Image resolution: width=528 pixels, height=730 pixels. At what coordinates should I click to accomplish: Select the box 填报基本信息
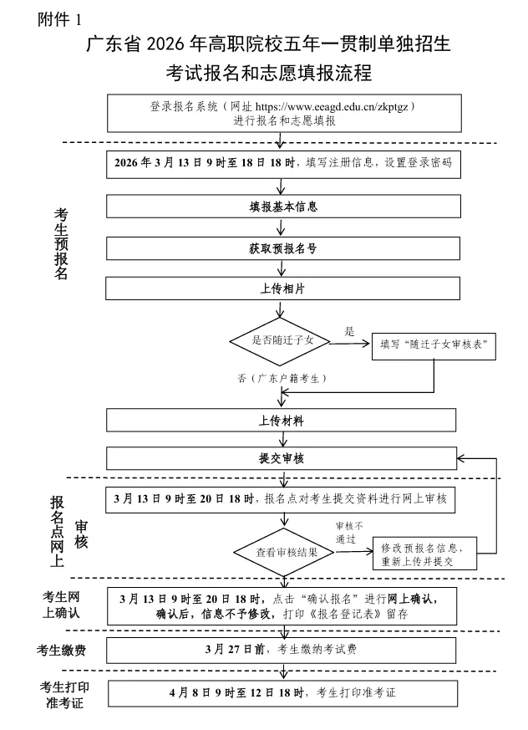click(283, 206)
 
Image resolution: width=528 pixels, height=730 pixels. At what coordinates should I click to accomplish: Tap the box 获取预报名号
click(283, 248)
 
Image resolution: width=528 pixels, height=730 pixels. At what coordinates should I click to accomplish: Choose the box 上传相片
click(283, 288)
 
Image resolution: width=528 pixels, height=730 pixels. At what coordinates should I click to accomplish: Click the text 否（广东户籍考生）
click(282, 379)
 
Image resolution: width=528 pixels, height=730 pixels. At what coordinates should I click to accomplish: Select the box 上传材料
click(282, 419)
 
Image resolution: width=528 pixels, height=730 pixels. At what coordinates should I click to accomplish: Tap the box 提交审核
click(282, 458)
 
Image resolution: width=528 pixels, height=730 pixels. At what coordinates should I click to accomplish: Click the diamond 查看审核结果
click(287, 553)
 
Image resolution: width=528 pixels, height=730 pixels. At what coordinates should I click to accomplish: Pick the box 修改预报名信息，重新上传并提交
click(428, 553)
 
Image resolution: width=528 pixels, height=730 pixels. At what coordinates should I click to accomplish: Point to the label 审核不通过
click(349, 532)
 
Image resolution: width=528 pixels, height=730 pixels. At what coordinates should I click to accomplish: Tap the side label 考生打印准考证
click(63, 693)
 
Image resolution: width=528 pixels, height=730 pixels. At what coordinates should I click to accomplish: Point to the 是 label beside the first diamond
click(350, 331)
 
